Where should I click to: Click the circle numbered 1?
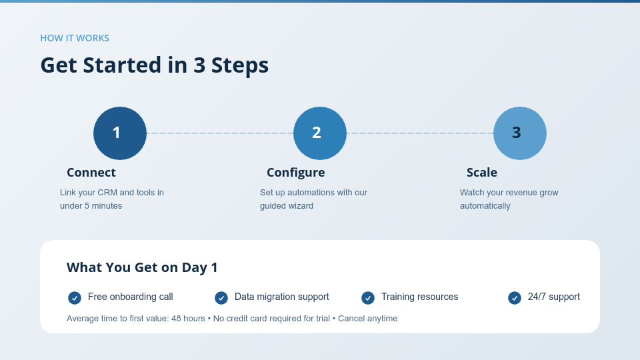[x=120, y=133]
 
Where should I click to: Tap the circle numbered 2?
[x=320, y=133]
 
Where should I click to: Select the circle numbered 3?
[x=520, y=133]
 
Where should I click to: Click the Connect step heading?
[x=91, y=173]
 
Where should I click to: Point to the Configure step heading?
[x=296, y=173]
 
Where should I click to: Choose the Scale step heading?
[x=482, y=173]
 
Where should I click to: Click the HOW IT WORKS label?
[x=75, y=38]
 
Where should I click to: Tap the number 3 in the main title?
[x=199, y=65]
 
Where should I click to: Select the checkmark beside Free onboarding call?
[x=75, y=298]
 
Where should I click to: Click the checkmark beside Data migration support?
[x=221, y=298]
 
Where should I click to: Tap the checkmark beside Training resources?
[x=368, y=298]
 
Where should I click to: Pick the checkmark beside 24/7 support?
[x=515, y=298]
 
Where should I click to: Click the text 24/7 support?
[x=554, y=297]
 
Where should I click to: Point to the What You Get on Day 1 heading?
[x=142, y=267]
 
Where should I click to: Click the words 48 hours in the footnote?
[x=188, y=319]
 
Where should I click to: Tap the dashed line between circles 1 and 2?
[x=220, y=133]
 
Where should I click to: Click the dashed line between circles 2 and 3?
[x=420, y=133]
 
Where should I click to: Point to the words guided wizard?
[x=287, y=206]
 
